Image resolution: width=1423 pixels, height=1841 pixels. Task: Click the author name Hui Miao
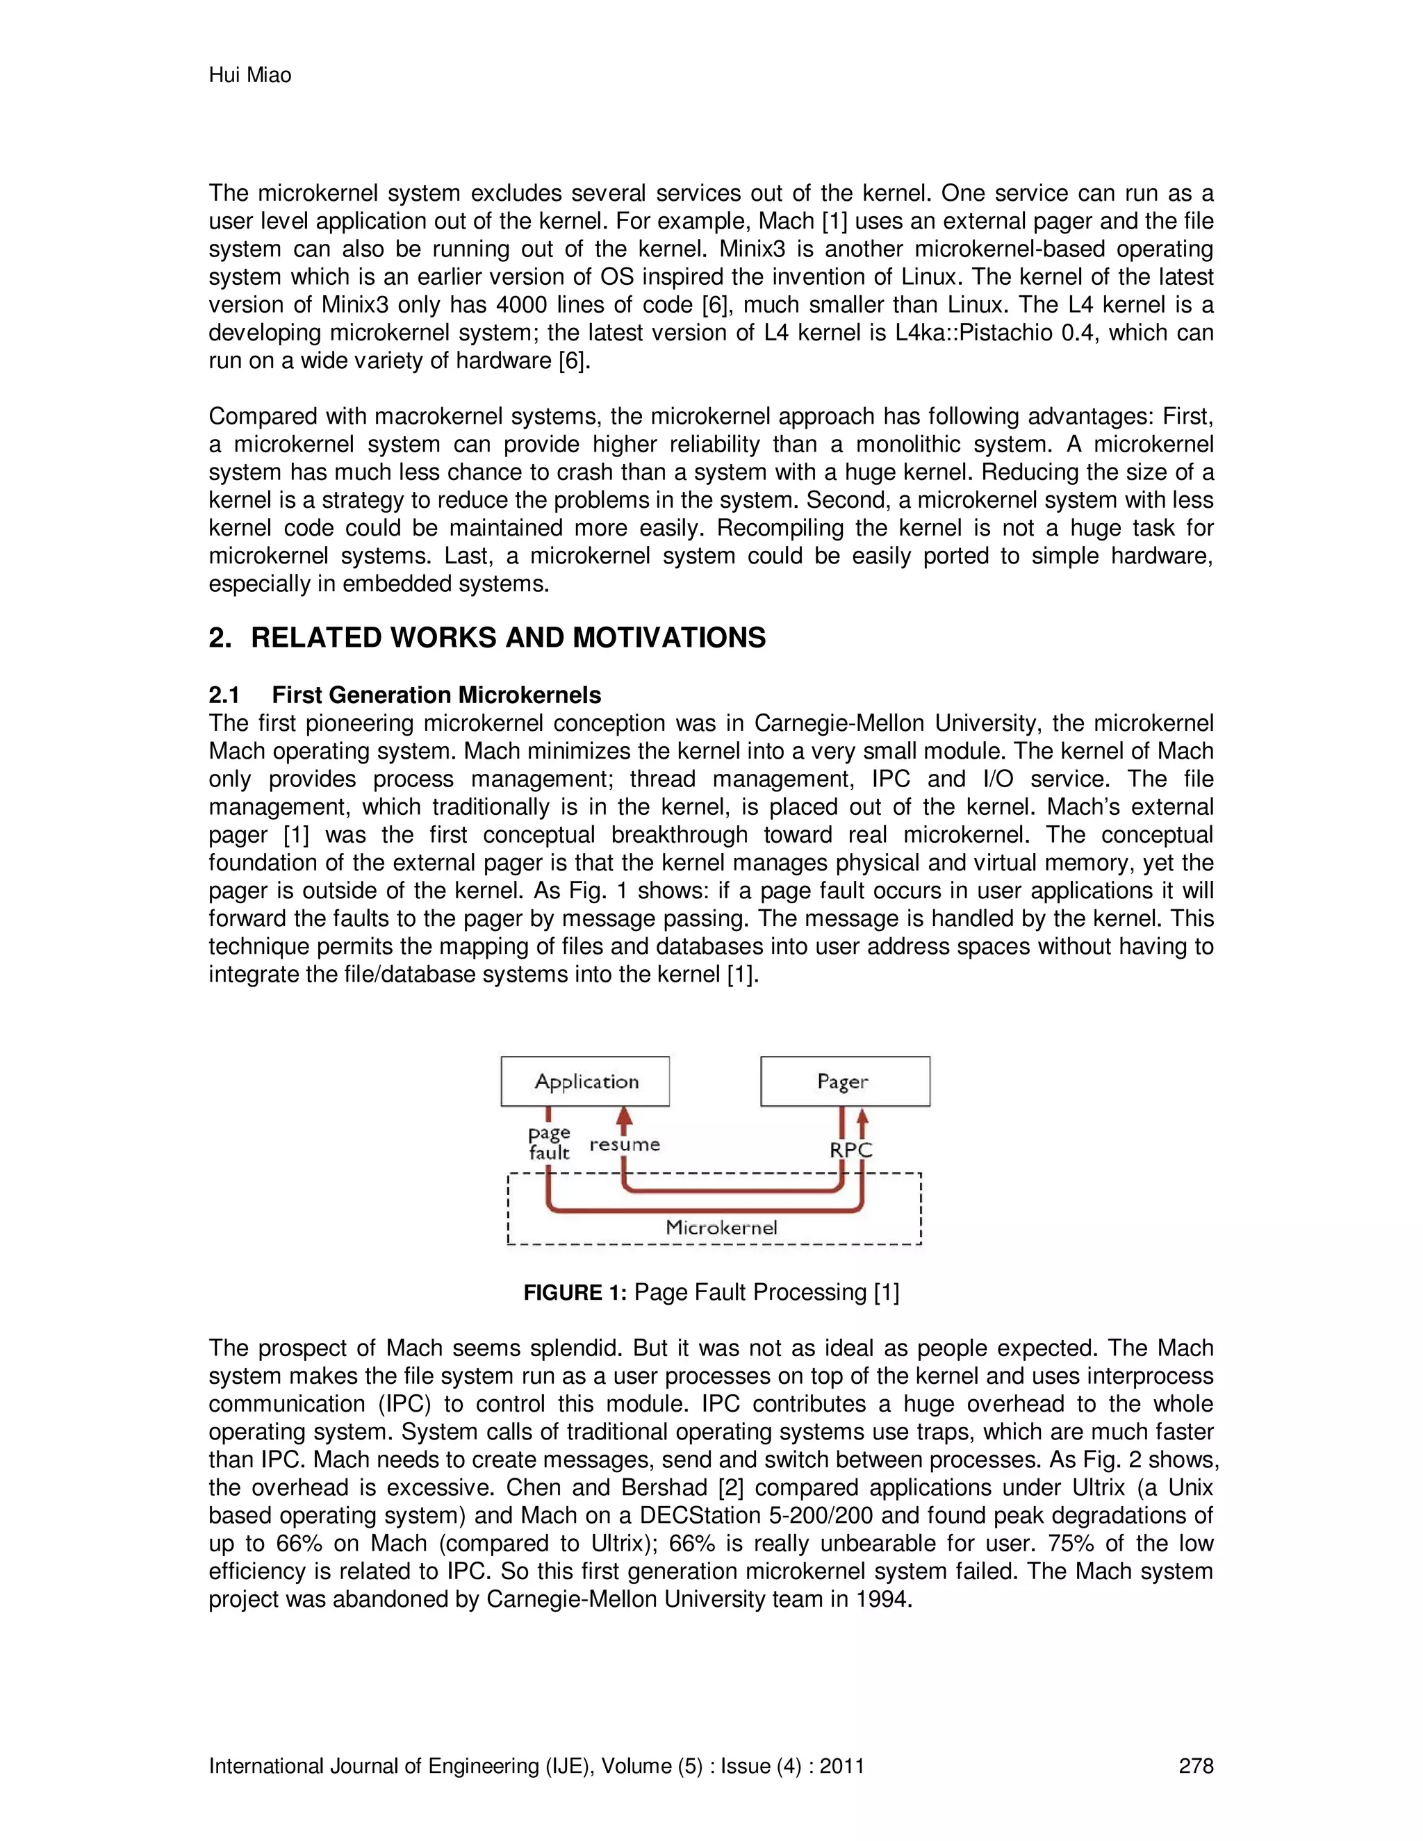point(249,75)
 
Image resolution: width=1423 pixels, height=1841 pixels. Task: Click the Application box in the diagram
point(585,1082)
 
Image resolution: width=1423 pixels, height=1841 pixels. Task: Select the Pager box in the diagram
point(845,1082)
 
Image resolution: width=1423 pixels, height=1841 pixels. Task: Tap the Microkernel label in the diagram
point(721,1228)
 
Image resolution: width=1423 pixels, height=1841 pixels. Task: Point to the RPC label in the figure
point(850,1150)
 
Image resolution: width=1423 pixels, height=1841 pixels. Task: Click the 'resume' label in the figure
point(625,1145)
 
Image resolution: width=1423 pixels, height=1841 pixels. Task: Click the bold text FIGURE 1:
point(575,1292)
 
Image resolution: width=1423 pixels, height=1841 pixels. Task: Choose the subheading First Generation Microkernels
point(436,695)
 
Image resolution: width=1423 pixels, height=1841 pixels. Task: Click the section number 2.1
point(224,695)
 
